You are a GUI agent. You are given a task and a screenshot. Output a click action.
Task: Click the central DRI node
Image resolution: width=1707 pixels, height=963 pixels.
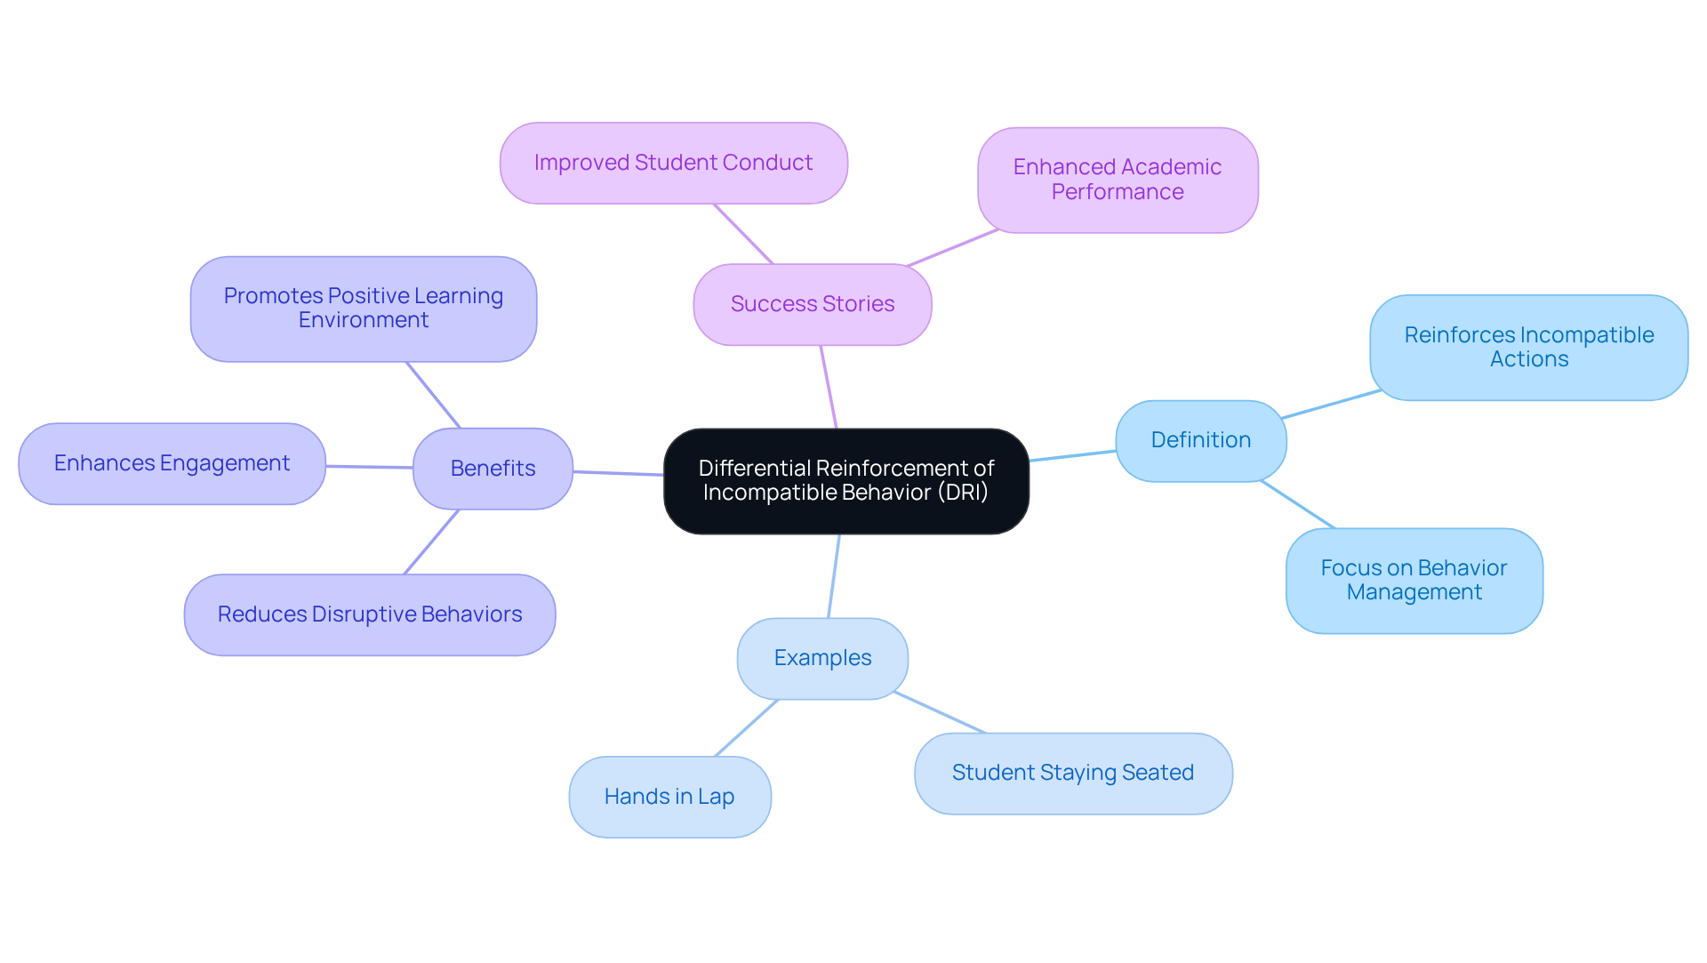845,481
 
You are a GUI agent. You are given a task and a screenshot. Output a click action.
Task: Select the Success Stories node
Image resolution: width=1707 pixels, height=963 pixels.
812,304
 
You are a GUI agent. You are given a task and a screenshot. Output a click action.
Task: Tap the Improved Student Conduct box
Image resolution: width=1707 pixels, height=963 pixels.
673,163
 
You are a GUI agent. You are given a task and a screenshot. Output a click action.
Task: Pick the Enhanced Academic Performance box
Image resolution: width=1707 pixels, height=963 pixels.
1117,180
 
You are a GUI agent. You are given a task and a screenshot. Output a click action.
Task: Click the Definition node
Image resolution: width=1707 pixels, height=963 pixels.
1200,440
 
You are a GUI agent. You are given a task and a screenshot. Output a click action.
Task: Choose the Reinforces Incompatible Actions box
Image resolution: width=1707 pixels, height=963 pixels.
1528,347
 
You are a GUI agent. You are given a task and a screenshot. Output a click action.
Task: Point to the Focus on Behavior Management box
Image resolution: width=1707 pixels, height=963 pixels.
1414,580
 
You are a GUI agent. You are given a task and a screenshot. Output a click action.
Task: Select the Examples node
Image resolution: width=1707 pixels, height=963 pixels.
822,658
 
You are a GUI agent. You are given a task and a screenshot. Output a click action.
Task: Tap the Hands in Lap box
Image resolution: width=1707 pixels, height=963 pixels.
669,797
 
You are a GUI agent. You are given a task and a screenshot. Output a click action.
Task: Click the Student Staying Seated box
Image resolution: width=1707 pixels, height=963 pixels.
1072,773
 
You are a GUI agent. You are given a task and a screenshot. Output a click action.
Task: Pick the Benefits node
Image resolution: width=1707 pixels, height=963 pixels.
493,469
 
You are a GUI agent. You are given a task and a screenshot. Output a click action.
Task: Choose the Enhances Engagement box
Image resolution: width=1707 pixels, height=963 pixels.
172,463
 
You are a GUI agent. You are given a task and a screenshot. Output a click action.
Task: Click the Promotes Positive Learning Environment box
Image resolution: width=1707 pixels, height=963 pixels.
363,309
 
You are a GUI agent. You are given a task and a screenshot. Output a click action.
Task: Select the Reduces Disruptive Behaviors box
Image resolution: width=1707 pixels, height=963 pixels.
369,614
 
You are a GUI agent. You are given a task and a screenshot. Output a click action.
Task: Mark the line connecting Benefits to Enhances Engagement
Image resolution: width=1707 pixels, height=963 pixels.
369,467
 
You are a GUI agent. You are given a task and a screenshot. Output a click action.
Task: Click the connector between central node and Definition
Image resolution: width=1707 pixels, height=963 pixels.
1072,456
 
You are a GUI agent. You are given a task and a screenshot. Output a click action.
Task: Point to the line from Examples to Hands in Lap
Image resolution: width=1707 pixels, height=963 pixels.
747,727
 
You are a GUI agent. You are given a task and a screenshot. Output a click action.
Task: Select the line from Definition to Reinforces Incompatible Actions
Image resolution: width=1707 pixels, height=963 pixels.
1331,404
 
